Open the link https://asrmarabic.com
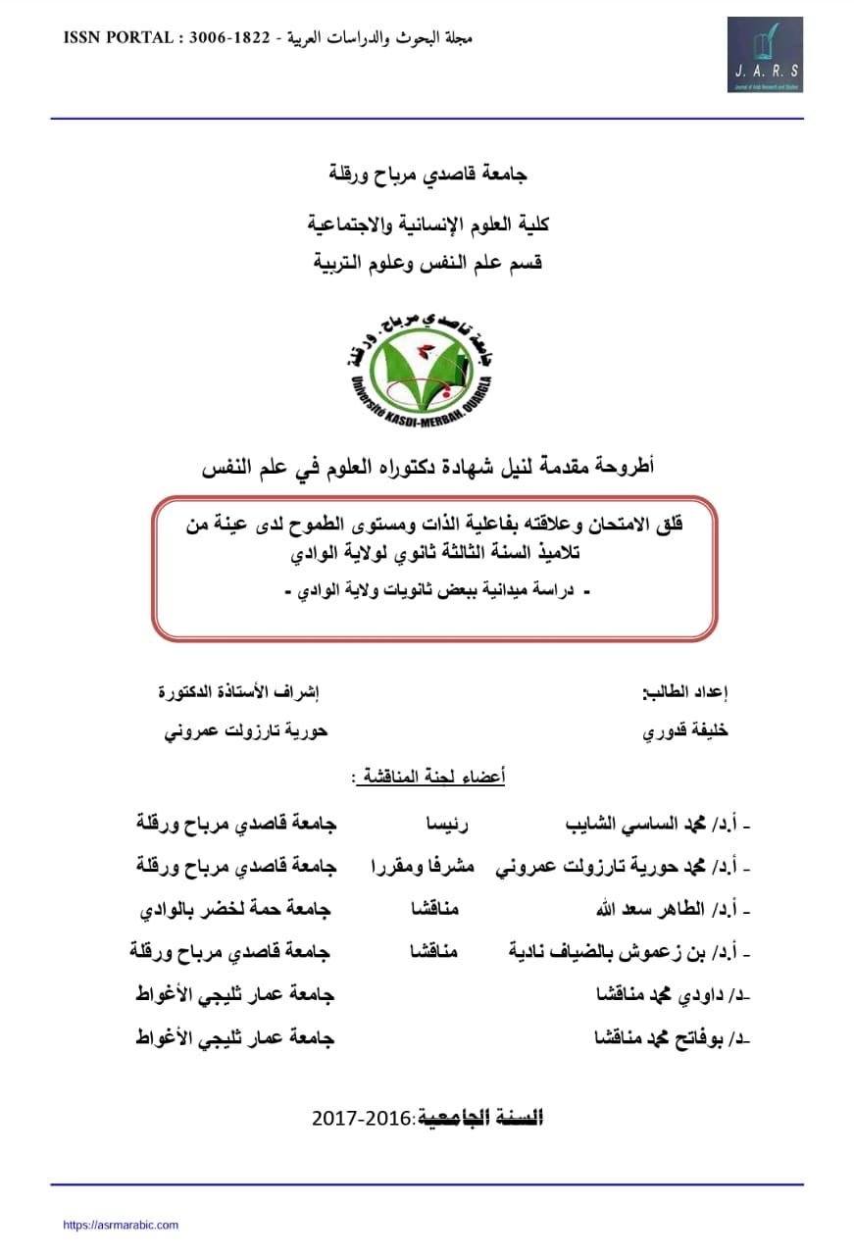tap(121, 1225)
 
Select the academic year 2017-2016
tap(365, 1118)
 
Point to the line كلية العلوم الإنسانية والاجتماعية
tap(428, 225)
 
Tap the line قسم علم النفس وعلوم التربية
tap(428, 263)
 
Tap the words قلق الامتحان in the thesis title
tap(637, 526)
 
